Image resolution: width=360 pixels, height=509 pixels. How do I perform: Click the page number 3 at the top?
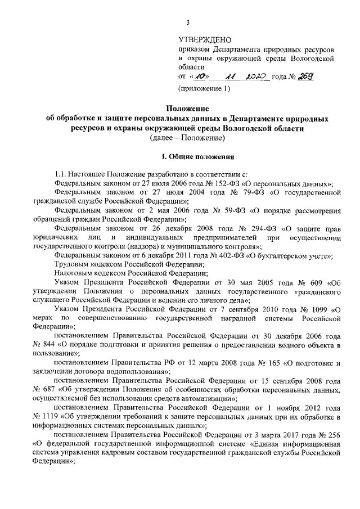[x=188, y=22]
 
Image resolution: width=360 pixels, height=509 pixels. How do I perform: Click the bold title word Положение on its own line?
[x=188, y=108]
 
